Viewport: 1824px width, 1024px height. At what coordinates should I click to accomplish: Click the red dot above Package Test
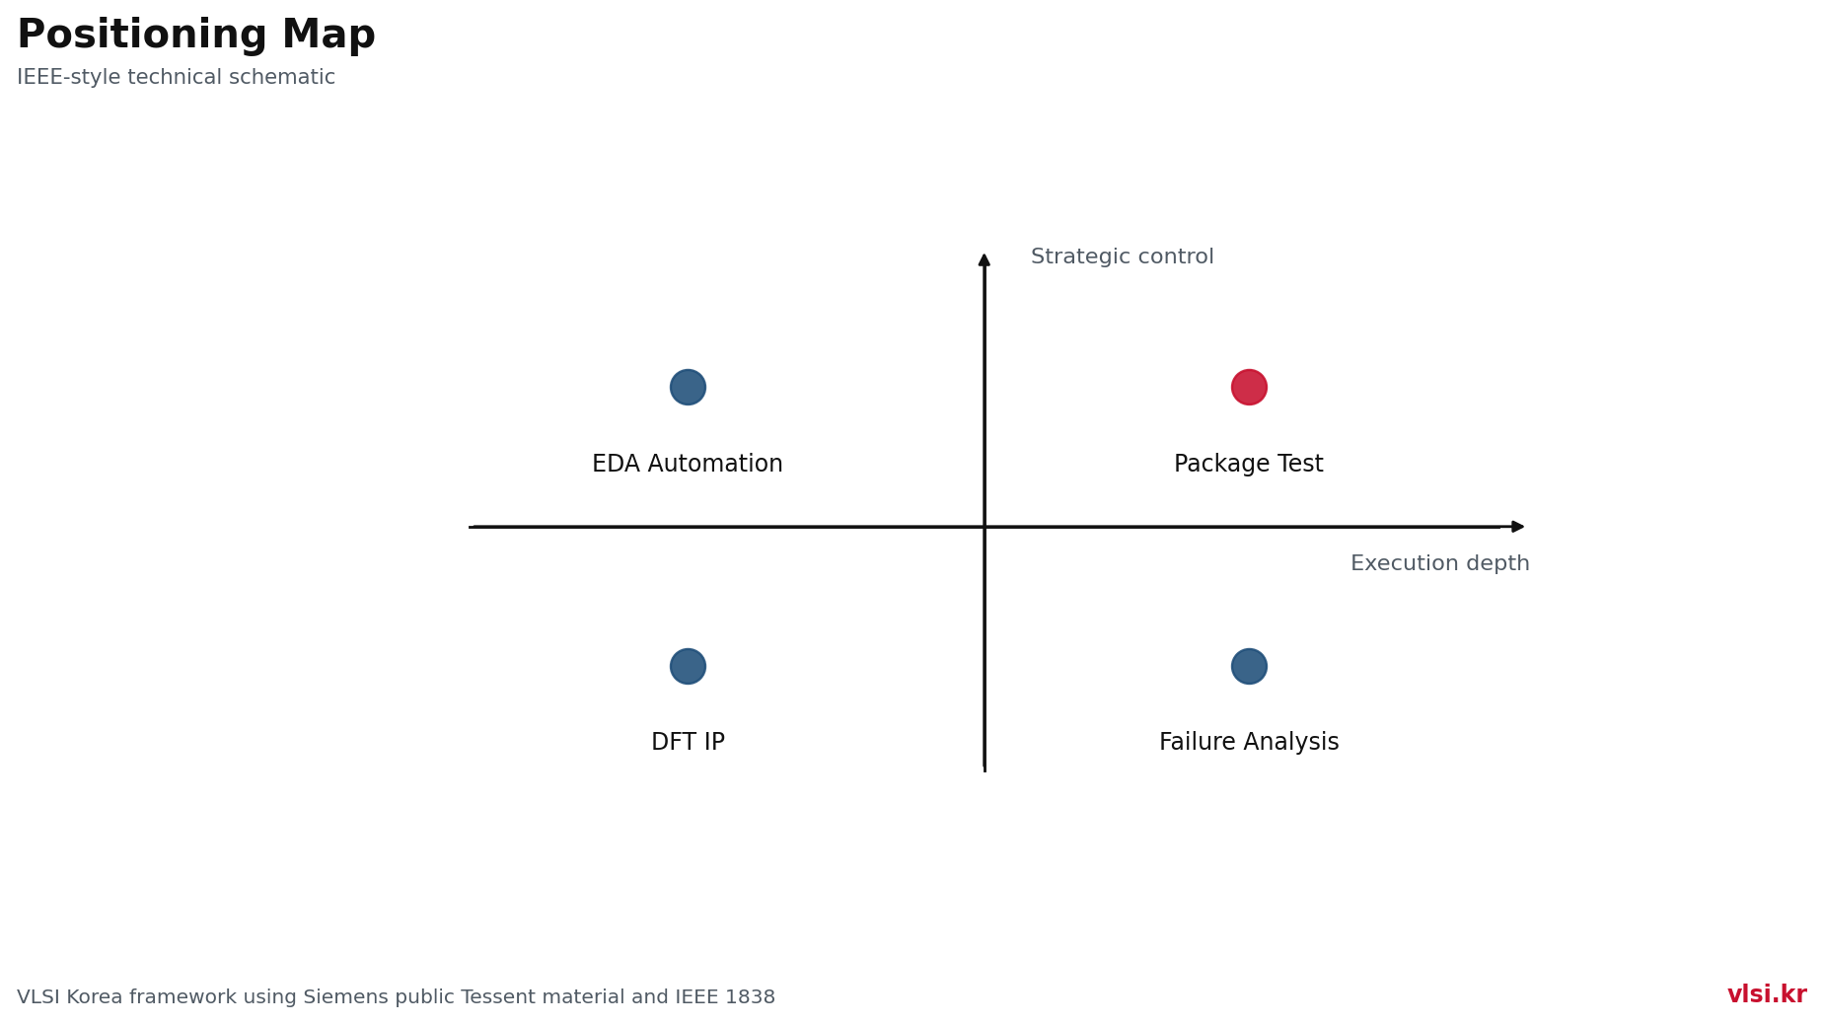tap(1249, 387)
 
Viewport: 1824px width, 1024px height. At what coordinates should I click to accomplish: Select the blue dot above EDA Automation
tap(688, 387)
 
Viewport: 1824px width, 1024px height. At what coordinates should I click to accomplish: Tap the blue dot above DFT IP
tap(688, 666)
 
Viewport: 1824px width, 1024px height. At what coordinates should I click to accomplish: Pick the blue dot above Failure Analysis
tap(1249, 666)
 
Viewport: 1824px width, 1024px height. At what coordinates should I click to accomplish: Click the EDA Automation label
tap(688, 464)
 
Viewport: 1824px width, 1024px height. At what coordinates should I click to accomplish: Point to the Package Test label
tap(1249, 464)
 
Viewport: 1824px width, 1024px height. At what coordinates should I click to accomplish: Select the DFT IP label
tap(688, 742)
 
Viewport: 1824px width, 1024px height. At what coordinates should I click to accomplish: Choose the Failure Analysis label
tap(1249, 742)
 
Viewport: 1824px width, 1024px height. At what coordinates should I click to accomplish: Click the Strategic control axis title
tap(1123, 256)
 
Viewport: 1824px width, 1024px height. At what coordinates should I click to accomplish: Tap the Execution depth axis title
tap(1440, 563)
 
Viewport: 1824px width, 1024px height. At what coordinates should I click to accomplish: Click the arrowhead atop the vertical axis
tap(985, 258)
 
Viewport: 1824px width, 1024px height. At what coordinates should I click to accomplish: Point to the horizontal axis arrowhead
tap(1519, 527)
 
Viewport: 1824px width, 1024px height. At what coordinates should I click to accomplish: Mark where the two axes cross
tap(985, 527)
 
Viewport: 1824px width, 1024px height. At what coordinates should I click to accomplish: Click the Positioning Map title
tap(196, 36)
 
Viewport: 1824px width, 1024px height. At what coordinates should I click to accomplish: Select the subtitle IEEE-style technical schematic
tap(176, 77)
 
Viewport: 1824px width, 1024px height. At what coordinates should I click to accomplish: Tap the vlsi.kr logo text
tap(1767, 994)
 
